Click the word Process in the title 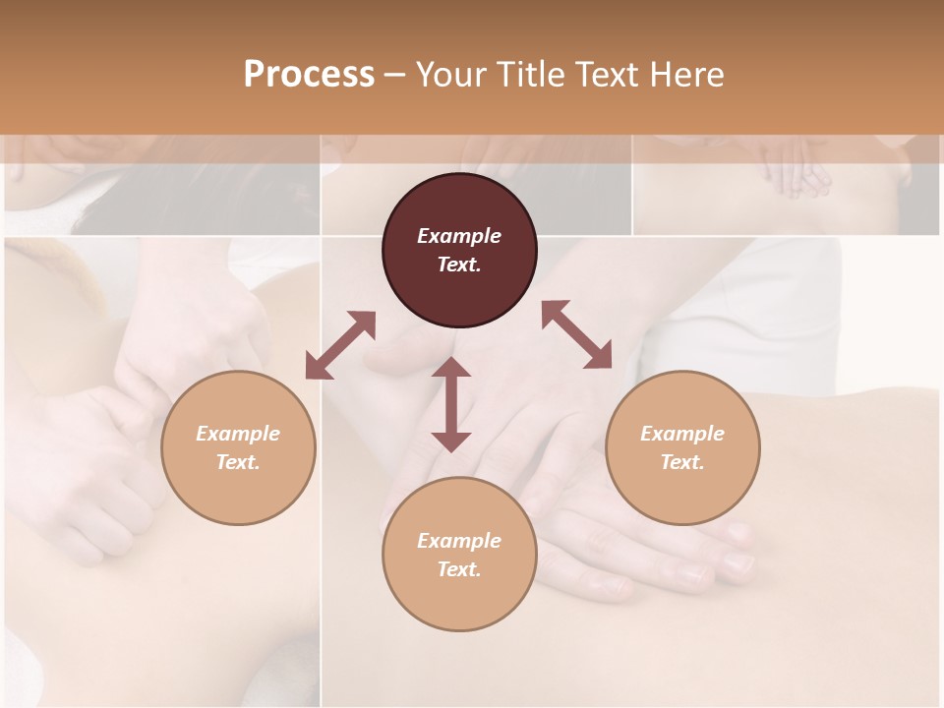[309, 75]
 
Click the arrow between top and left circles [340, 345]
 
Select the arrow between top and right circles [577, 334]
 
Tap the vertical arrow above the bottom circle [451, 404]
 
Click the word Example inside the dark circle [459, 236]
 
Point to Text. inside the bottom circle [459, 569]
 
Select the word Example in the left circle [238, 434]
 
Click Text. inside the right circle [682, 462]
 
